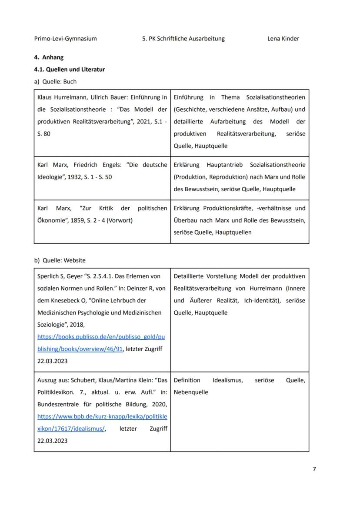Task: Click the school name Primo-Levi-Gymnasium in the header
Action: click(x=65, y=39)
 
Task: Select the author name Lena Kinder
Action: click(x=283, y=39)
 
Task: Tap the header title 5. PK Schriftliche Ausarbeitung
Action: click(x=183, y=39)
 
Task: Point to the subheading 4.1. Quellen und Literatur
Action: click(x=69, y=69)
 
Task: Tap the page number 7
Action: click(x=314, y=469)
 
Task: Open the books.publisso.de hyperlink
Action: click(x=101, y=336)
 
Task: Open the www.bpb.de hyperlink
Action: click(x=102, y=416)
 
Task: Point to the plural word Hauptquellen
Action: click(x=234, y=232)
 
